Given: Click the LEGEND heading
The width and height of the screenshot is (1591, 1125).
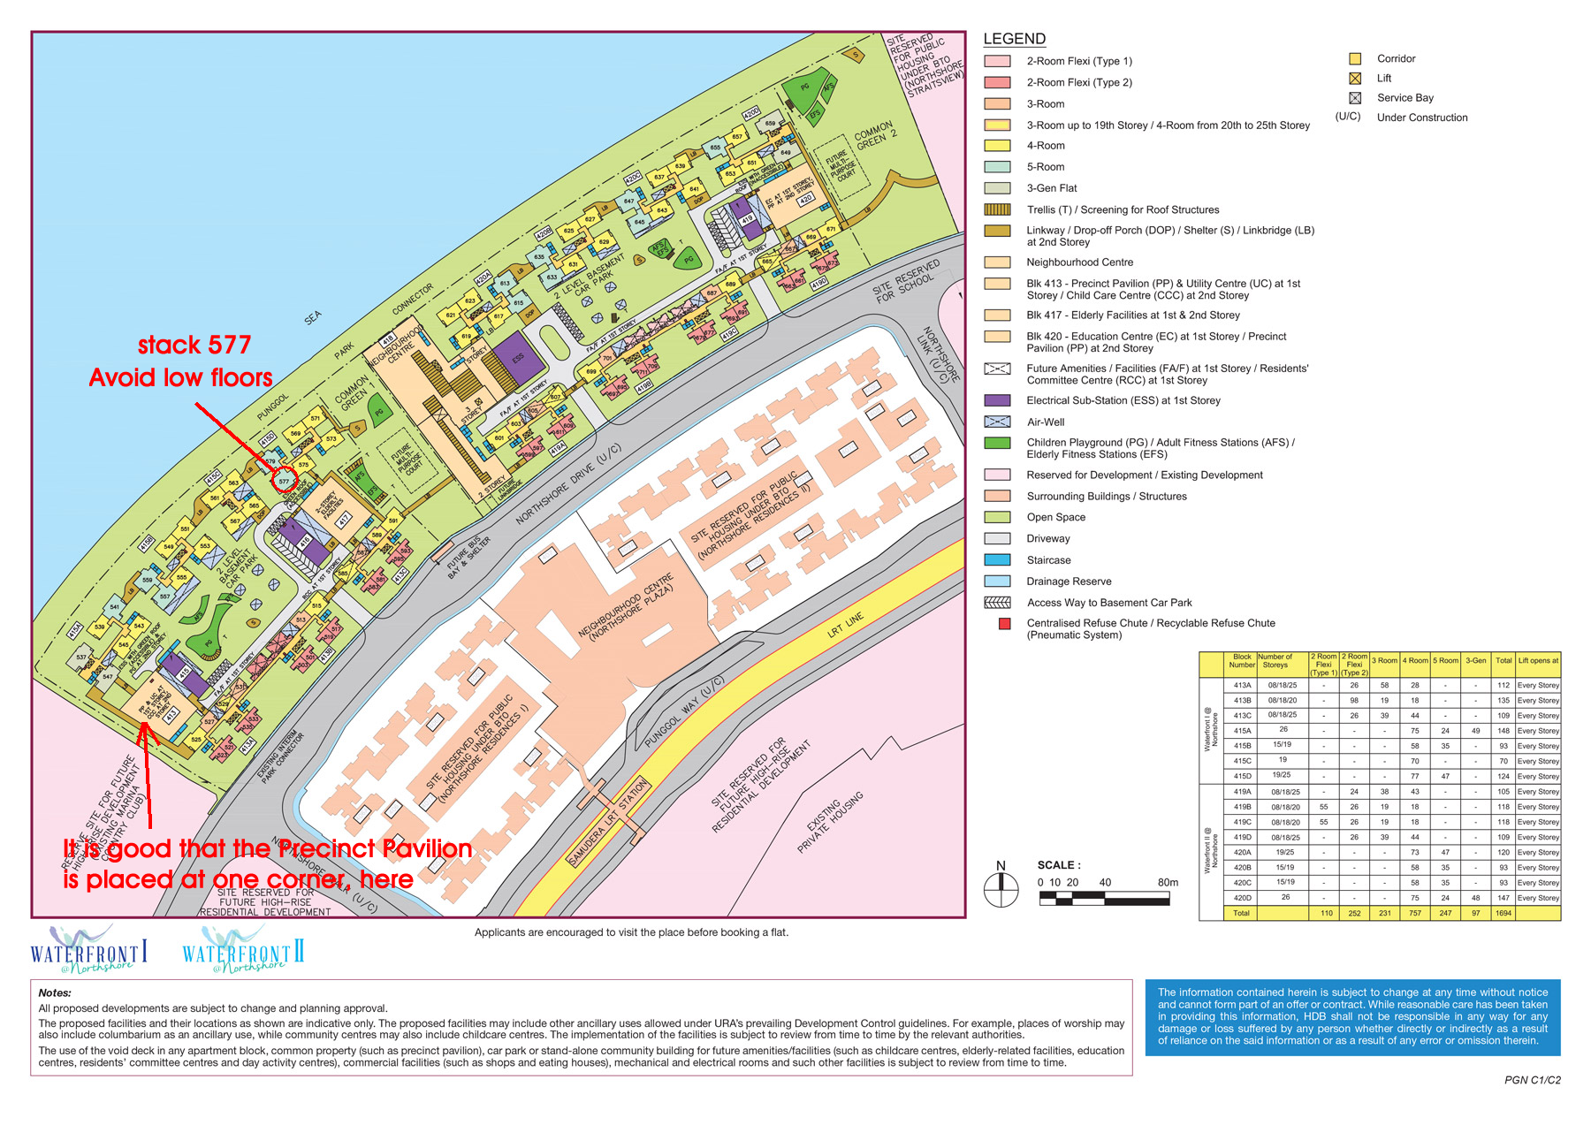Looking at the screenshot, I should coord(1014,39).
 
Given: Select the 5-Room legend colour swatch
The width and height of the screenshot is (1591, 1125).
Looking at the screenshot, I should coord(997,167).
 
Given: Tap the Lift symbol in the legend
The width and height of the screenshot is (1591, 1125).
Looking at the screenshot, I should coord(1354,79).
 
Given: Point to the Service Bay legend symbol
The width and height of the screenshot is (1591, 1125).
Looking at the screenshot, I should coord(1354,98).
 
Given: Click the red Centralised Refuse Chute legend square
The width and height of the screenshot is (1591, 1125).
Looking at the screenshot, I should coord(1004,624).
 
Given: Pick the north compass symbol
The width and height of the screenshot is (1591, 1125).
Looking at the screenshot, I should coord(1001,887).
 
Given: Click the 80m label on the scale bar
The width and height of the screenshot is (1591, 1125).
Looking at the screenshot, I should coord(1168,882).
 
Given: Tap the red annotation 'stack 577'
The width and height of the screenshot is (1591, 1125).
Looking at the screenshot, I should coord(194,345).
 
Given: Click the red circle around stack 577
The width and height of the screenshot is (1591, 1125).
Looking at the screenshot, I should coord(284,482).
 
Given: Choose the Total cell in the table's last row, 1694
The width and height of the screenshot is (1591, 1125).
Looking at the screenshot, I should coord(1503,913).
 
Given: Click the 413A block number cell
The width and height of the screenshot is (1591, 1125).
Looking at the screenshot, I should coord(1242,685).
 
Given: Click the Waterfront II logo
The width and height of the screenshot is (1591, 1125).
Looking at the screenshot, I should coord(243,951).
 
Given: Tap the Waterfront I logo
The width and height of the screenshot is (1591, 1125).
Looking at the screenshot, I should coord(88,950).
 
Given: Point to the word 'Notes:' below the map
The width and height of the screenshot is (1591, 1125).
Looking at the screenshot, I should coord(55,992).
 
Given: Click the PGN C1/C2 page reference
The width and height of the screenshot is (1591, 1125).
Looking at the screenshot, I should coord(1532,1080).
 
